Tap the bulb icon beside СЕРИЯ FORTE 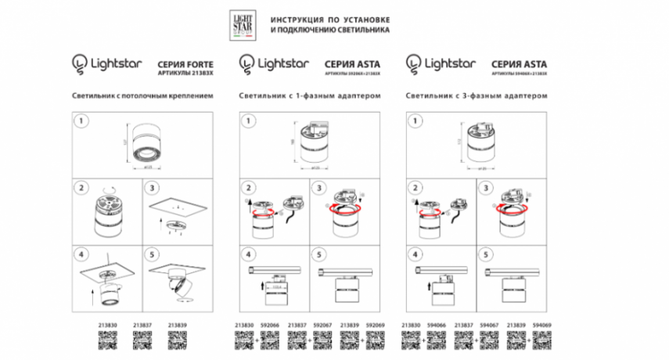pos(79,61)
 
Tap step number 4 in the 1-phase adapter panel pos(248,255)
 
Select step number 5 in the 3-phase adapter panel pos(489,255)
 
